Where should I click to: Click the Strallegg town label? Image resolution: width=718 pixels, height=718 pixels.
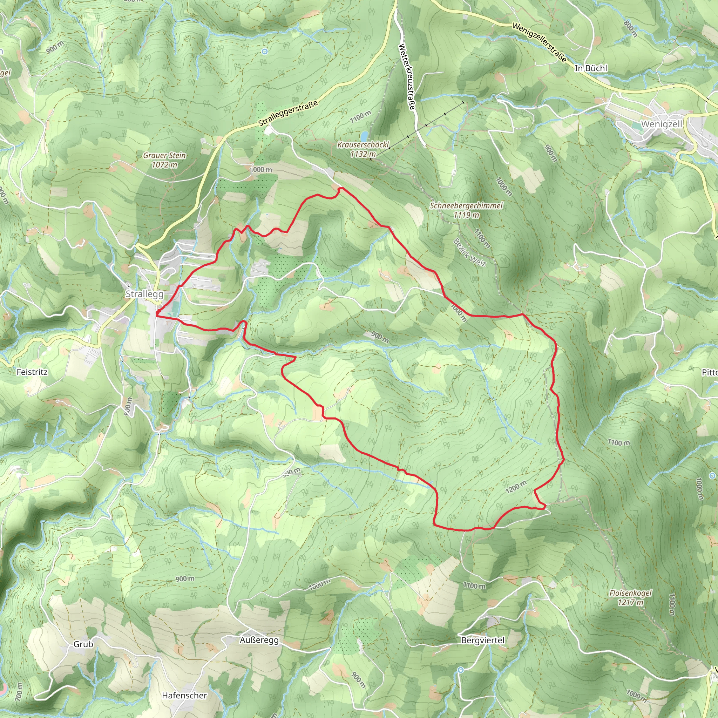(x=144, y=294)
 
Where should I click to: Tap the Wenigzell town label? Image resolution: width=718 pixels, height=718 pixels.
(x=662, y=124)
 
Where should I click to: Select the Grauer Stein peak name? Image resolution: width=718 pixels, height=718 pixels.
(x=164, y=155)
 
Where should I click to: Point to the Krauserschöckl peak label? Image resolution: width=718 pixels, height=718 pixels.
(x=363, y=144)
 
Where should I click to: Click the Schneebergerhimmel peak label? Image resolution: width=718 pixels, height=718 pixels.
(x=466, y=205)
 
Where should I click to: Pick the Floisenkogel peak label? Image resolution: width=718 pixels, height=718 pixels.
(x=630, y=593)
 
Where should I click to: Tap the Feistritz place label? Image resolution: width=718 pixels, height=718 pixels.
(x=32, y=372)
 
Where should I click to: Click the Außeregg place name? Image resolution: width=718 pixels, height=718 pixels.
(x=259, y=640)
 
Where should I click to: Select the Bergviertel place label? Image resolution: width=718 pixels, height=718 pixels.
(x=482, y=640)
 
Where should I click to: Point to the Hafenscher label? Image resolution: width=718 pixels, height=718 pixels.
(x=184, y=695)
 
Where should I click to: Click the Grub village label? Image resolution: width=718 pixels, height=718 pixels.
(x=83, y=644)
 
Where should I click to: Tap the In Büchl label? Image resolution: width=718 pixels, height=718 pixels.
(x=590, y=68)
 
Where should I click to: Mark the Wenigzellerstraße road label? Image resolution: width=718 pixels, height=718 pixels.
(x=539, y=42)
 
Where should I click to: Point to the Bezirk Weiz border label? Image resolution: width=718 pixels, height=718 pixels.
(x=469, y=252)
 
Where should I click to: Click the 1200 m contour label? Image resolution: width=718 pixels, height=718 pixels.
(x=516, y=487)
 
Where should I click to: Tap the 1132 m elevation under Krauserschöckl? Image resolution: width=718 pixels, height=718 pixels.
(x=363, y=154)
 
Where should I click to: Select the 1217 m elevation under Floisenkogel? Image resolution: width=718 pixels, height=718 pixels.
(x=630, y=602)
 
